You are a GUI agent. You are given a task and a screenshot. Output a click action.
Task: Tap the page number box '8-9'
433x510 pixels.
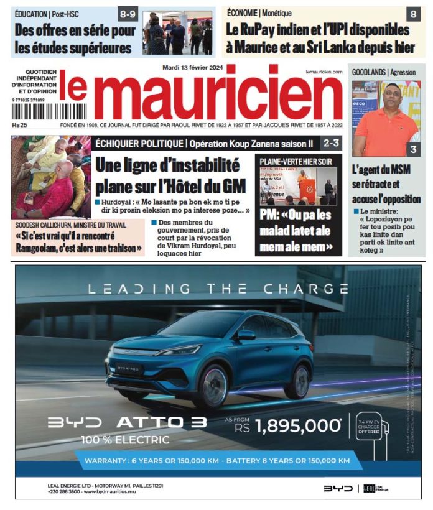129,13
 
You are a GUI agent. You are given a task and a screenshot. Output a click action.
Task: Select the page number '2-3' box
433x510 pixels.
330,143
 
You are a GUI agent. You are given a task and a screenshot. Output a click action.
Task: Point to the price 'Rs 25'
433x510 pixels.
19,124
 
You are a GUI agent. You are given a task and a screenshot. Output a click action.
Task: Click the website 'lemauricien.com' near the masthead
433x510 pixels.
324,73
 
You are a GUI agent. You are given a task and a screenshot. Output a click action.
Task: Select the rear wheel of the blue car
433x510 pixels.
299,380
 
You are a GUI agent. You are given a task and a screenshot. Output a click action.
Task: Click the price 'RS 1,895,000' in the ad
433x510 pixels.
286,426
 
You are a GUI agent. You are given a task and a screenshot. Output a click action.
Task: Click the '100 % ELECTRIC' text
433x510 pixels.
125,440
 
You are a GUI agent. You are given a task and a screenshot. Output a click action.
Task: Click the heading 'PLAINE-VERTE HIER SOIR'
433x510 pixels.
296,161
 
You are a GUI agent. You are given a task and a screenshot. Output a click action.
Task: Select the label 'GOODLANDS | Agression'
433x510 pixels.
384,72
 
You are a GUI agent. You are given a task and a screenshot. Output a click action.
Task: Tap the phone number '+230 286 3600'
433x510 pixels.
63,491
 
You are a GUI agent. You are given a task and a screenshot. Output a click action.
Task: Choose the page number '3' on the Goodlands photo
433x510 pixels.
413,149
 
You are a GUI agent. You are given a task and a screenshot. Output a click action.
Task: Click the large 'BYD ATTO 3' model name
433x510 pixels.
128,422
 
